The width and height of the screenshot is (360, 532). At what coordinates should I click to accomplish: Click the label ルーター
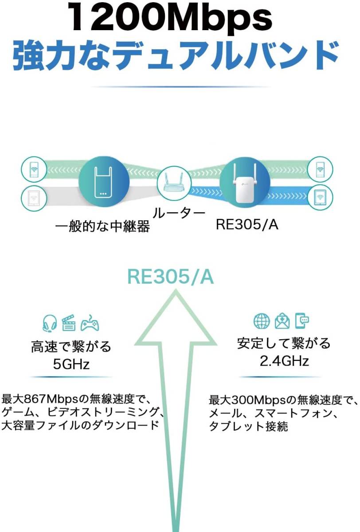click(179, 214)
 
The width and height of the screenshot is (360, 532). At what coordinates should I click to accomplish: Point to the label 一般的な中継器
click(102, 227)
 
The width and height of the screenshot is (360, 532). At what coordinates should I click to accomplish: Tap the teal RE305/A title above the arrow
click(171, 277)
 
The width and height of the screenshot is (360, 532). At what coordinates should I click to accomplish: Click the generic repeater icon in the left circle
click(104, 182)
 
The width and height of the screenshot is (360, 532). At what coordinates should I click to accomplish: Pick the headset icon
click(50, 323)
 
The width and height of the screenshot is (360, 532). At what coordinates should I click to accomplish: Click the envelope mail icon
click(282, 321)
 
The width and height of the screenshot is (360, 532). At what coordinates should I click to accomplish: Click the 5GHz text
click(71, 365)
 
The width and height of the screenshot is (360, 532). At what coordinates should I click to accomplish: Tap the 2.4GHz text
click(284, 361)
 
